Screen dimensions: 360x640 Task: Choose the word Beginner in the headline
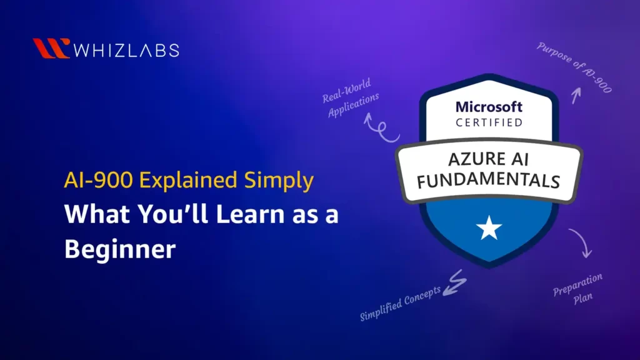pos(120,249)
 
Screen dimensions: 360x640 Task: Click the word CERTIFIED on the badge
pos(489,123)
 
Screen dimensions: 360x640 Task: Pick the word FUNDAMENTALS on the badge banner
pos(489,180)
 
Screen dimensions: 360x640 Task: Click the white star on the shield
pos(489,229)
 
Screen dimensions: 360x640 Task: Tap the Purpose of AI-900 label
pos(573,67)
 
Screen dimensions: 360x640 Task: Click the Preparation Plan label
pos(579,286)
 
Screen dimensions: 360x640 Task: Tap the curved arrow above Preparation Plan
pos(582,243)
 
